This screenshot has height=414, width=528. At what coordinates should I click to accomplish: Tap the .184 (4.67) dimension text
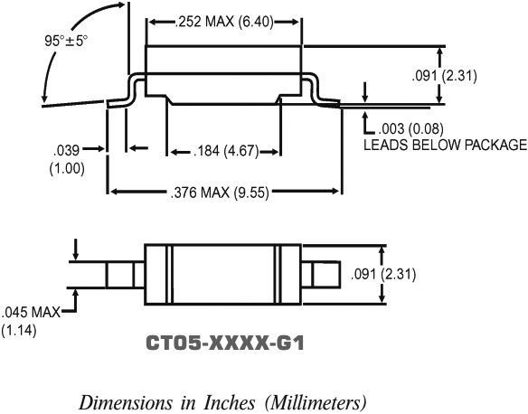pyautogui.click(x=224, y=151)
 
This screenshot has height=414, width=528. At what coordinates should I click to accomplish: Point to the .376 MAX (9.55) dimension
pyautogui.click(x=224, y=191)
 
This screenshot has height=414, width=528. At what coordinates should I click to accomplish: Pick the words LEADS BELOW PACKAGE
pyautogui.click(x=444, y=144)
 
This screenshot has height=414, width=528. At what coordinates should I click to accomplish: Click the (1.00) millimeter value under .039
pyautogui.click(x=67, y=167)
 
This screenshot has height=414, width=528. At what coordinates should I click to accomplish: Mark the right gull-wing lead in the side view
pyautogui.click(x=320, y=92)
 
